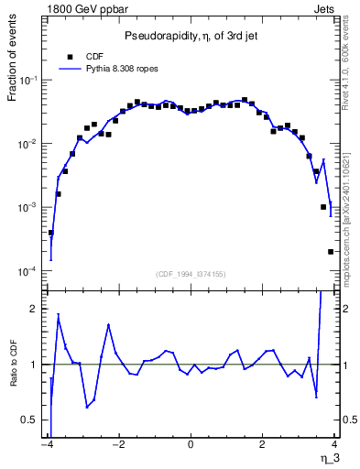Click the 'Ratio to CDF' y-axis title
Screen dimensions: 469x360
tap(14, 376)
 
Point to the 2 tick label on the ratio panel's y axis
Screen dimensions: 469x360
tap(37, 309)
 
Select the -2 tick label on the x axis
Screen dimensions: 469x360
tap(117, 446)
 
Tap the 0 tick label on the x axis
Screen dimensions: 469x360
tap(190, 446)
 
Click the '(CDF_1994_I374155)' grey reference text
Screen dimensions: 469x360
tap(191, 273)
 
